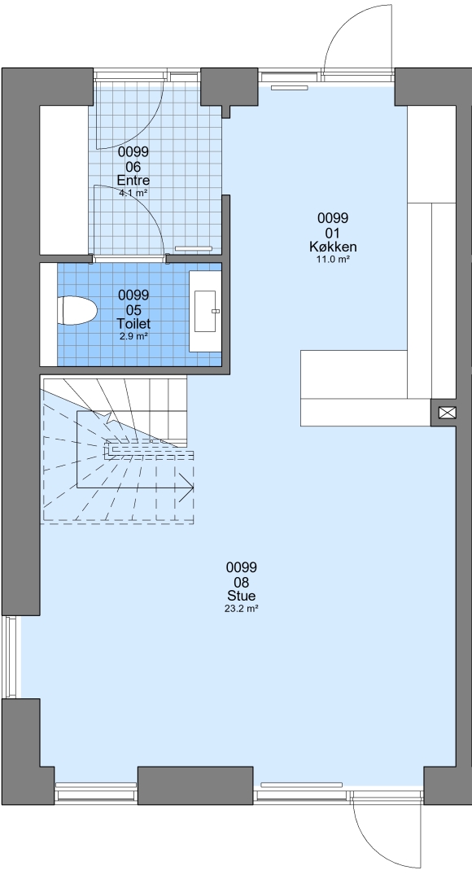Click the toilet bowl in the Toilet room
[77, 311]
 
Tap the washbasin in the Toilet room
[205, 311]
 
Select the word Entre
[133, 181]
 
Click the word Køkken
[333, 247]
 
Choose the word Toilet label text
[133, 324]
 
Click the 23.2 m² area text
[241, 608]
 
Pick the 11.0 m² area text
[333, 259]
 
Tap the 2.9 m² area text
[133, 336]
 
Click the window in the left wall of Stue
[11, 657]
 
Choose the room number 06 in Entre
[133, 167]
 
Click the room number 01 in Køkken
[333, 233]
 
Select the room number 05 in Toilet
[133, 310]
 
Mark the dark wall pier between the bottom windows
[195, 785]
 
